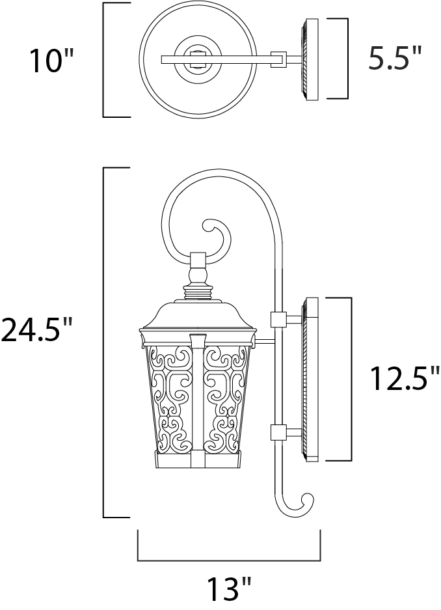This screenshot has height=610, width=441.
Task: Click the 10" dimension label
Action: tap(51, 61)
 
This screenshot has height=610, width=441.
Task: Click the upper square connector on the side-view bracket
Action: tap(278, 320)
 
